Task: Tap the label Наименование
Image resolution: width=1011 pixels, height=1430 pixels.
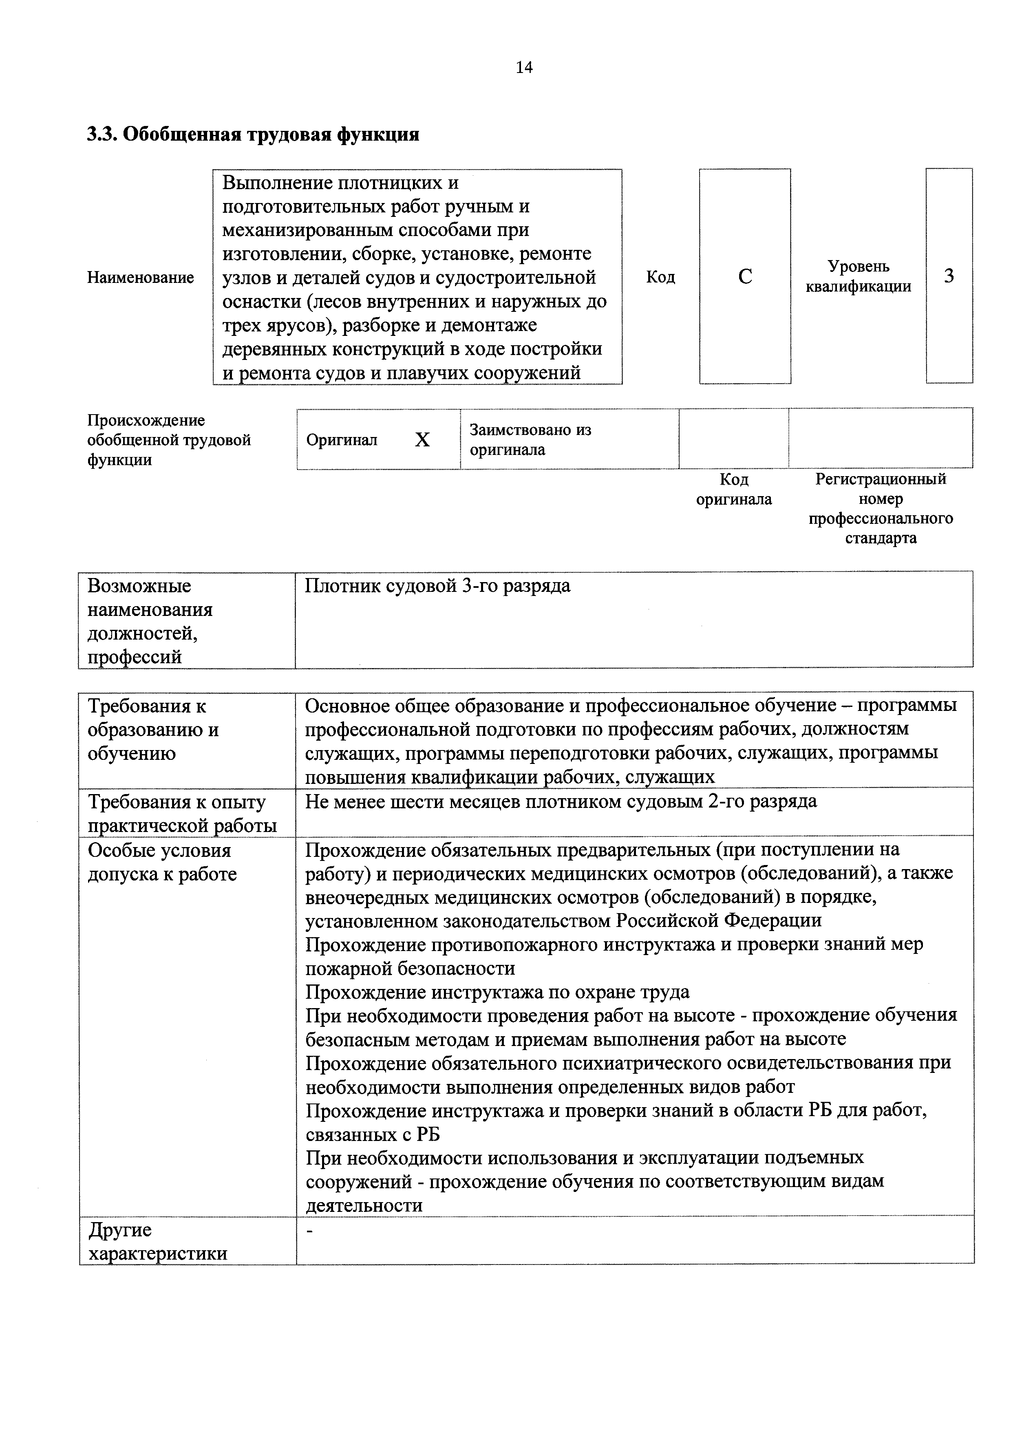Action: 140,277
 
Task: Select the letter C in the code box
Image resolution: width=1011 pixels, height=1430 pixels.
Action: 745,276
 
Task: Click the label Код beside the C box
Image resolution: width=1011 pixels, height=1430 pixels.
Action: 660,276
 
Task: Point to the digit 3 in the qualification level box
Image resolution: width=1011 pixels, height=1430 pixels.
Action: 949,276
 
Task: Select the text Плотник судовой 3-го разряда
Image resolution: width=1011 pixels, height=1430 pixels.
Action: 437,586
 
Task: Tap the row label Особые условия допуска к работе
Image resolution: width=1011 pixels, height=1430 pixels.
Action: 162,862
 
